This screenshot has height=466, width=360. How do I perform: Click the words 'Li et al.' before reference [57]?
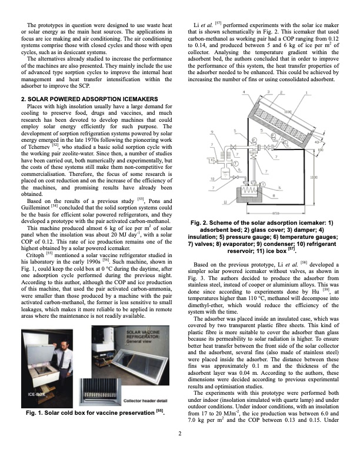pyautogui.click(x=205, y=24)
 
